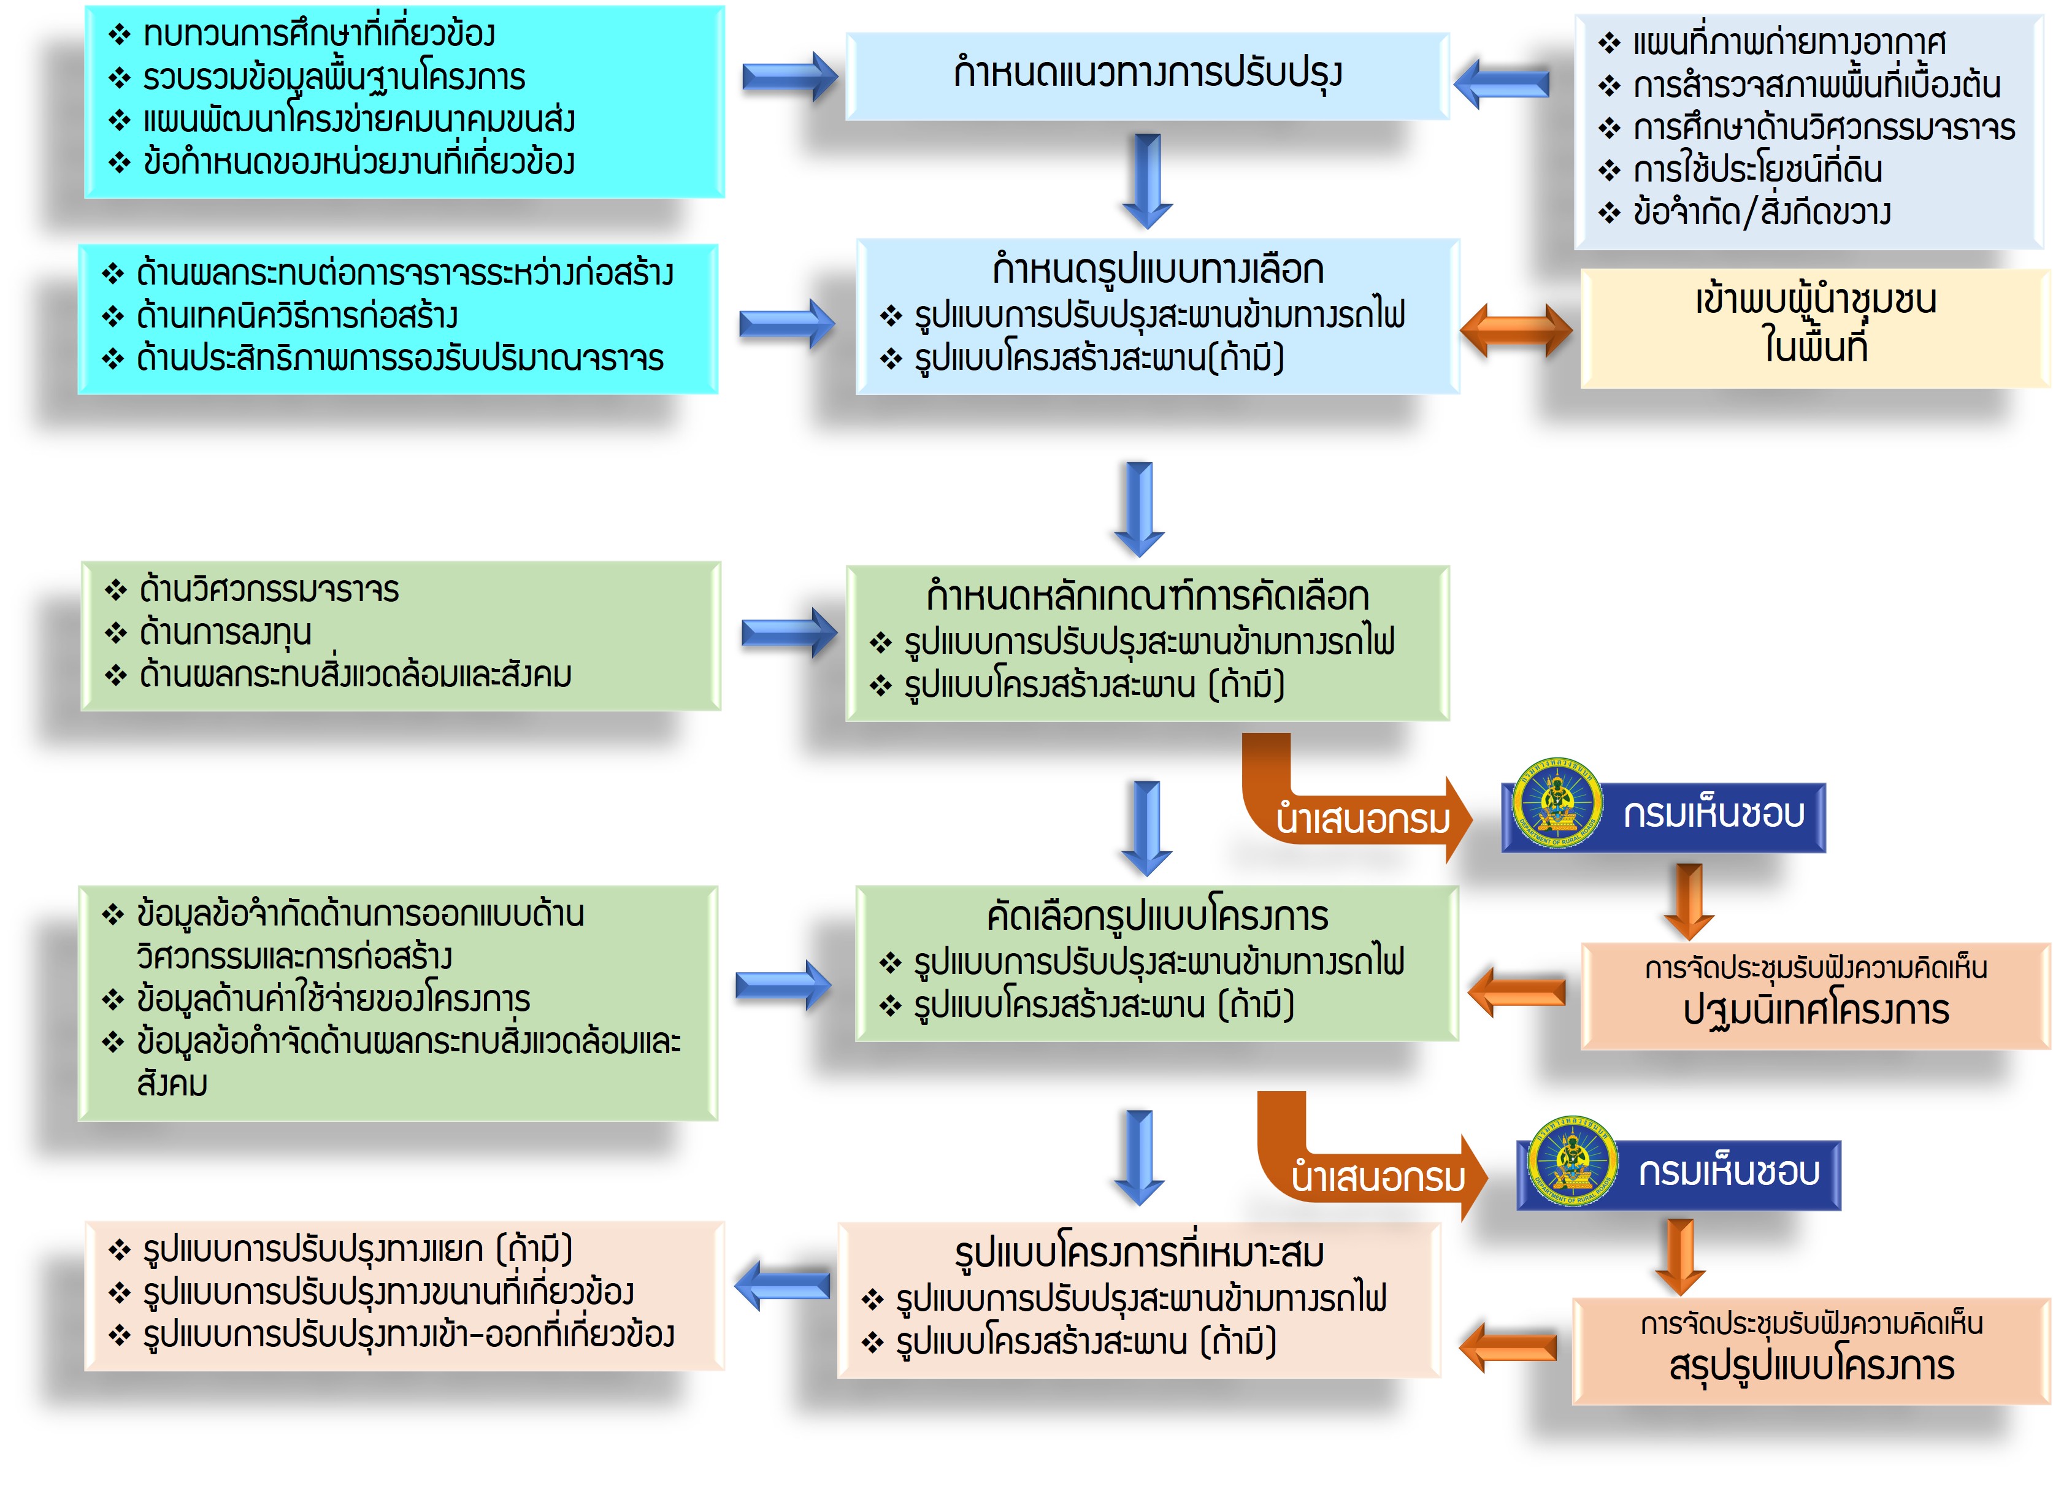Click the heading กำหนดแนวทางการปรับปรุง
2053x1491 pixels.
tap(1147, 72)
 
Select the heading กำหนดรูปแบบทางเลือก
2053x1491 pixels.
tap(1157, 270)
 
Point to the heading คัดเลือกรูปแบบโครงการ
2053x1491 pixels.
tap(1157, 916)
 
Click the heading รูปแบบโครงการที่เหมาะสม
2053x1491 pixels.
tap(1138, 1253)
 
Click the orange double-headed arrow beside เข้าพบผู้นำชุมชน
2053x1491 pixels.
tap(1516, 331)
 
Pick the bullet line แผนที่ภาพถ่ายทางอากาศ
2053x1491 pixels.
tap(1788, 42)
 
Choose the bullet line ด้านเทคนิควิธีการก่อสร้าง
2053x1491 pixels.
tap(296, 316)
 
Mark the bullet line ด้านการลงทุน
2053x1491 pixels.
tap(224, 632)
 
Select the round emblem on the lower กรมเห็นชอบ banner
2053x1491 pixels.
tap(1573, 1160)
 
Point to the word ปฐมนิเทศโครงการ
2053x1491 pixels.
tap(1815, 1010)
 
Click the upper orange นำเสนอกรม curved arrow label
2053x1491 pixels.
tap(1362, 819)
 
